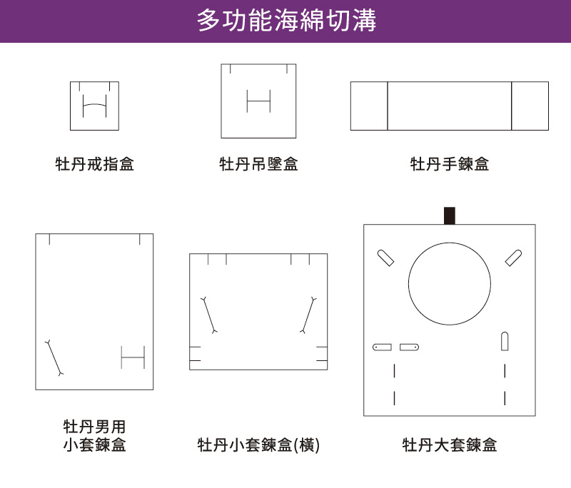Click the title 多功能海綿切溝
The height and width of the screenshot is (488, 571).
click(286, 21)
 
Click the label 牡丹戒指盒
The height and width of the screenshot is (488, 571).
click(95, 164)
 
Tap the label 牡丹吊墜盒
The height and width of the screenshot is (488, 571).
click(258, 164)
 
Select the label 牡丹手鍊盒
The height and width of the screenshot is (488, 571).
click(450, 164)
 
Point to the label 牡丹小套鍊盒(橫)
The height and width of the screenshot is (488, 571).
click(258, 444)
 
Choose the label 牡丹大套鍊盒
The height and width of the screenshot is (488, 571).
click(450, 444)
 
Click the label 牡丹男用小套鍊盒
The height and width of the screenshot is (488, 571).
click(95, 436)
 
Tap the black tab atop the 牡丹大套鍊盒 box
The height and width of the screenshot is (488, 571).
click(450, 215)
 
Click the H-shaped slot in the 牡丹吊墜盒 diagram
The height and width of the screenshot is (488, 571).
click(258, 101)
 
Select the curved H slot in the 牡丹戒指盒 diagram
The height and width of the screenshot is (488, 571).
click(95, 105)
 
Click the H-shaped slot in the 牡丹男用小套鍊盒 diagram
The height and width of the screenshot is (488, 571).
click(133, 357)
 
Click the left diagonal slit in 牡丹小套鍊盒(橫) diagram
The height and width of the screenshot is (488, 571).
click(209, 315)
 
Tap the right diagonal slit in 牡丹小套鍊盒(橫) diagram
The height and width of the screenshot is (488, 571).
click(308, 315)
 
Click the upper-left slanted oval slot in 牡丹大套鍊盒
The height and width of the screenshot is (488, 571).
click(385, 258)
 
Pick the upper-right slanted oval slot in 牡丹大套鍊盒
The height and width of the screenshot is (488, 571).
click(513, 258)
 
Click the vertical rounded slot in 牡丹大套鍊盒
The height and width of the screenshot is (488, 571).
click(505, 341)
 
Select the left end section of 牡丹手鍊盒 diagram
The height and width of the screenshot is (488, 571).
click(369, 106)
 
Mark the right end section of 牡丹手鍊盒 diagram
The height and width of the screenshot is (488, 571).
click(530, 106)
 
